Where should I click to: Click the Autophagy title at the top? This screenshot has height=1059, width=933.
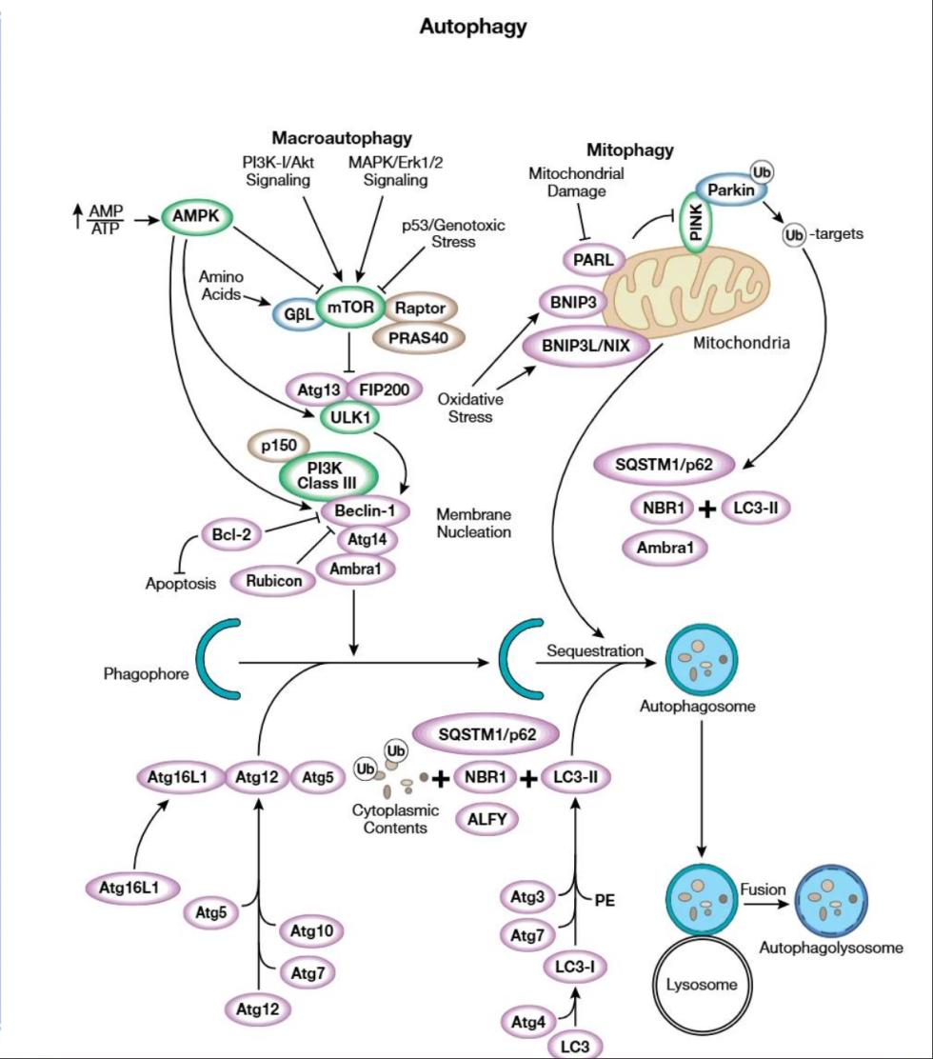tap(472, 27)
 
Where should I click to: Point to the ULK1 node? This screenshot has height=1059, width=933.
tap(350, 415)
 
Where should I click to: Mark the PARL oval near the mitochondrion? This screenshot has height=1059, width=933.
tap(591, 259)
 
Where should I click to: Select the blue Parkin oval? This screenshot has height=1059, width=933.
tap(735, 190)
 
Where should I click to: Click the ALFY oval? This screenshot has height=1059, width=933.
tap(486, 817)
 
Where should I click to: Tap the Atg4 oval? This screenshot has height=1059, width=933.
tap(527, 1023)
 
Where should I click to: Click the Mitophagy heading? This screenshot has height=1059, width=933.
tap(629, 150)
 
